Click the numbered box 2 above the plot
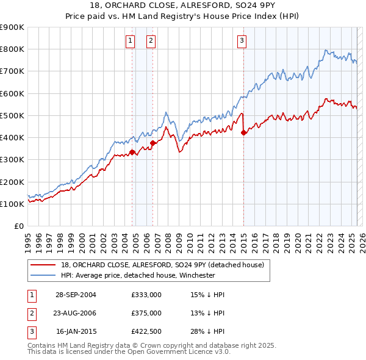[151, 41]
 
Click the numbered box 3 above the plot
[242, 41]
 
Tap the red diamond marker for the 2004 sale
[132, 153]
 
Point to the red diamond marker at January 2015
[243, 132]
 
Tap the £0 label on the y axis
[18, 226]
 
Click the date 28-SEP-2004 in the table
[76, 295]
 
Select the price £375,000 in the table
[146, 313]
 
